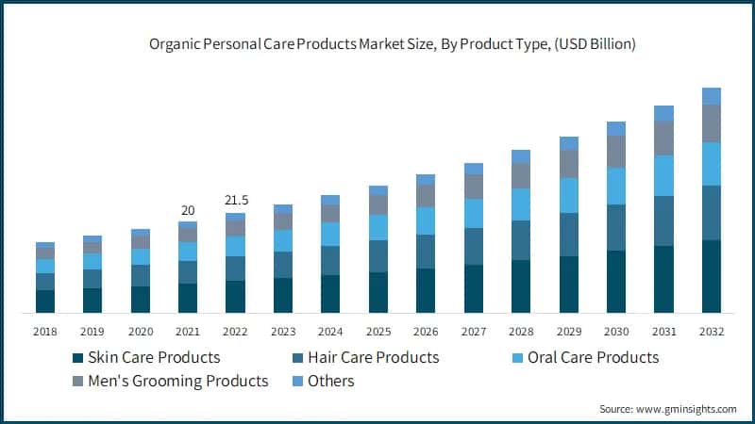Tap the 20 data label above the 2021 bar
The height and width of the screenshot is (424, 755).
(188, 210)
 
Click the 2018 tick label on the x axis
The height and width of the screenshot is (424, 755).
(45, 332)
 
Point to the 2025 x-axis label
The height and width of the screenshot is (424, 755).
(377, 332)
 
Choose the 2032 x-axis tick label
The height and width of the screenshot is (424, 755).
(711, 332)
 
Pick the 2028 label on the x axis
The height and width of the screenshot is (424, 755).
(520, 332)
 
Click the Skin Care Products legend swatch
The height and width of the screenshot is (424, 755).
(77, 358)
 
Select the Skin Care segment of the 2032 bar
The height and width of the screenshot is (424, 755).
(711, 276)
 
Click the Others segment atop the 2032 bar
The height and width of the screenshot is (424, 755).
(711, 95)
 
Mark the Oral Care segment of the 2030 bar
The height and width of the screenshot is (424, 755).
(615, 186)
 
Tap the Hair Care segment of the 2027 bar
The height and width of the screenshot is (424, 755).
(473, 246)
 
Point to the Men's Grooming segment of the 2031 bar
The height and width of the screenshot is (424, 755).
(663, 139)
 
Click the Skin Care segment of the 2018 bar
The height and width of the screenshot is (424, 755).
(45, 301)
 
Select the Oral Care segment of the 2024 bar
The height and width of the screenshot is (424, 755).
(330, 234)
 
